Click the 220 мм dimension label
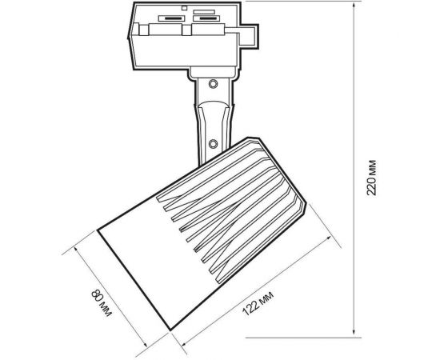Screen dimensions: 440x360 click(372, 178)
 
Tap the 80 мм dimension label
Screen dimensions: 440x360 click(102, 303)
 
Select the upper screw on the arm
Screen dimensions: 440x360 click(214, 84)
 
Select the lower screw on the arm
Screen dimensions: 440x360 click(214, 144)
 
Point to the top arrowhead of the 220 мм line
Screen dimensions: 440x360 click(354, 6)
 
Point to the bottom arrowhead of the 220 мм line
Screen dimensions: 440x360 click(354, 333)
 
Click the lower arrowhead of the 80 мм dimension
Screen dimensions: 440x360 click(145, 344)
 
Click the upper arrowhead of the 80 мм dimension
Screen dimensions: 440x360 click(76, 250)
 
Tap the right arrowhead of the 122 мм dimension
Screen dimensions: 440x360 click(328, 238)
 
